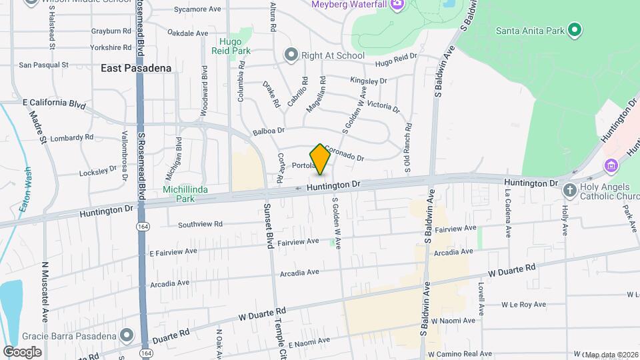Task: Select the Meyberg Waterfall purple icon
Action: pos(397,5)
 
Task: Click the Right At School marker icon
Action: pos(290,55)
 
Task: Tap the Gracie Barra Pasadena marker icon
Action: pos(127,334)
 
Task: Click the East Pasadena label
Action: pos(136,68)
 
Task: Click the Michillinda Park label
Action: pos(185,194)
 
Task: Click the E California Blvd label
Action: pos(55,103)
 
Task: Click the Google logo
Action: pos(22,351)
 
